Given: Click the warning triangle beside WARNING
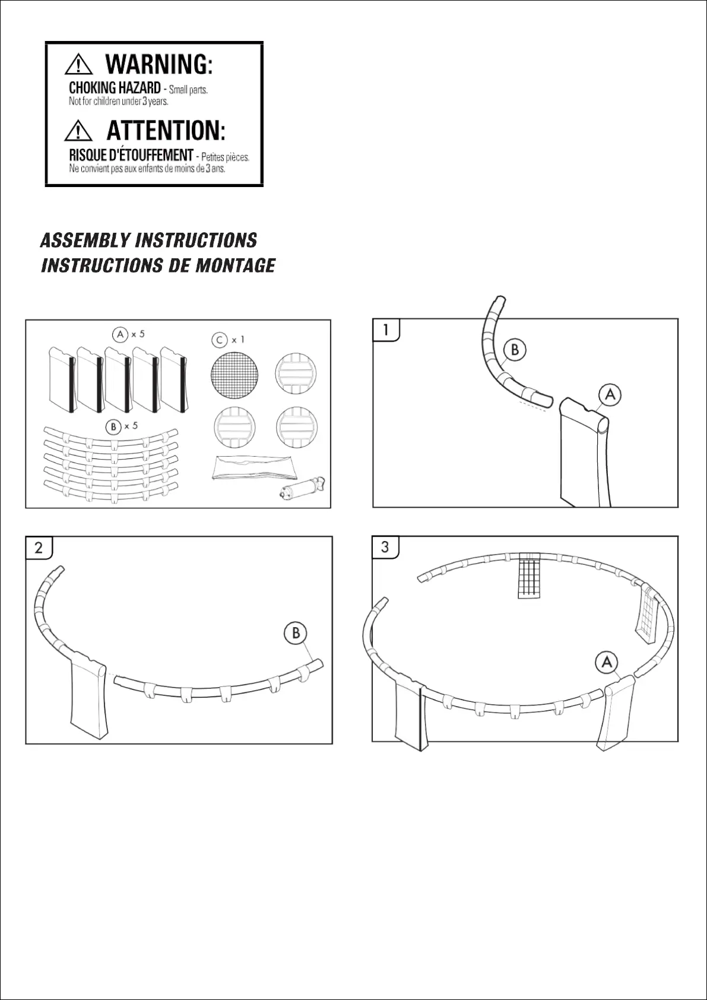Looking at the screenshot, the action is tap(78, 65).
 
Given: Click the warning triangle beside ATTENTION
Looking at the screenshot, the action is tap(78, 131).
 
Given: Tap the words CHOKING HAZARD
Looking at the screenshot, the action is tap(115, 88).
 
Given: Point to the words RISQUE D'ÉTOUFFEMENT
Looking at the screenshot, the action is tap(131, 155).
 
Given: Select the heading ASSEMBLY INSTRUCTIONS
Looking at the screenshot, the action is tap(148, 240).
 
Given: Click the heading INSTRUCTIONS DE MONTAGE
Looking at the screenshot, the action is tap(158, 265).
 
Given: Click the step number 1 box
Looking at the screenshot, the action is tap(386, 330).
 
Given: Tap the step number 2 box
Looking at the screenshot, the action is tap(39, 547).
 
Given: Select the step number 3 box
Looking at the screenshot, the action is tap(385, 546).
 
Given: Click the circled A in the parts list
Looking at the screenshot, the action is tap(121, 335).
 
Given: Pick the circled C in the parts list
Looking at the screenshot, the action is tap(219, 340).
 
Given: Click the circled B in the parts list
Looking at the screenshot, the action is tap(112, 426).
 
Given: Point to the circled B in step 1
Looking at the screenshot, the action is tap(515, 350).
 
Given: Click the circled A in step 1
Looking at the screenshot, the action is tap(610, 394).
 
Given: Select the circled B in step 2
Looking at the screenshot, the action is tap(296, 633).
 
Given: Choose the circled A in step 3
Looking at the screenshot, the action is tap(607, 662).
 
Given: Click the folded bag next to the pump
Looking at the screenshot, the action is tap(253, 468).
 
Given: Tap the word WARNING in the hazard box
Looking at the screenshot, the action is tap(158, 64).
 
